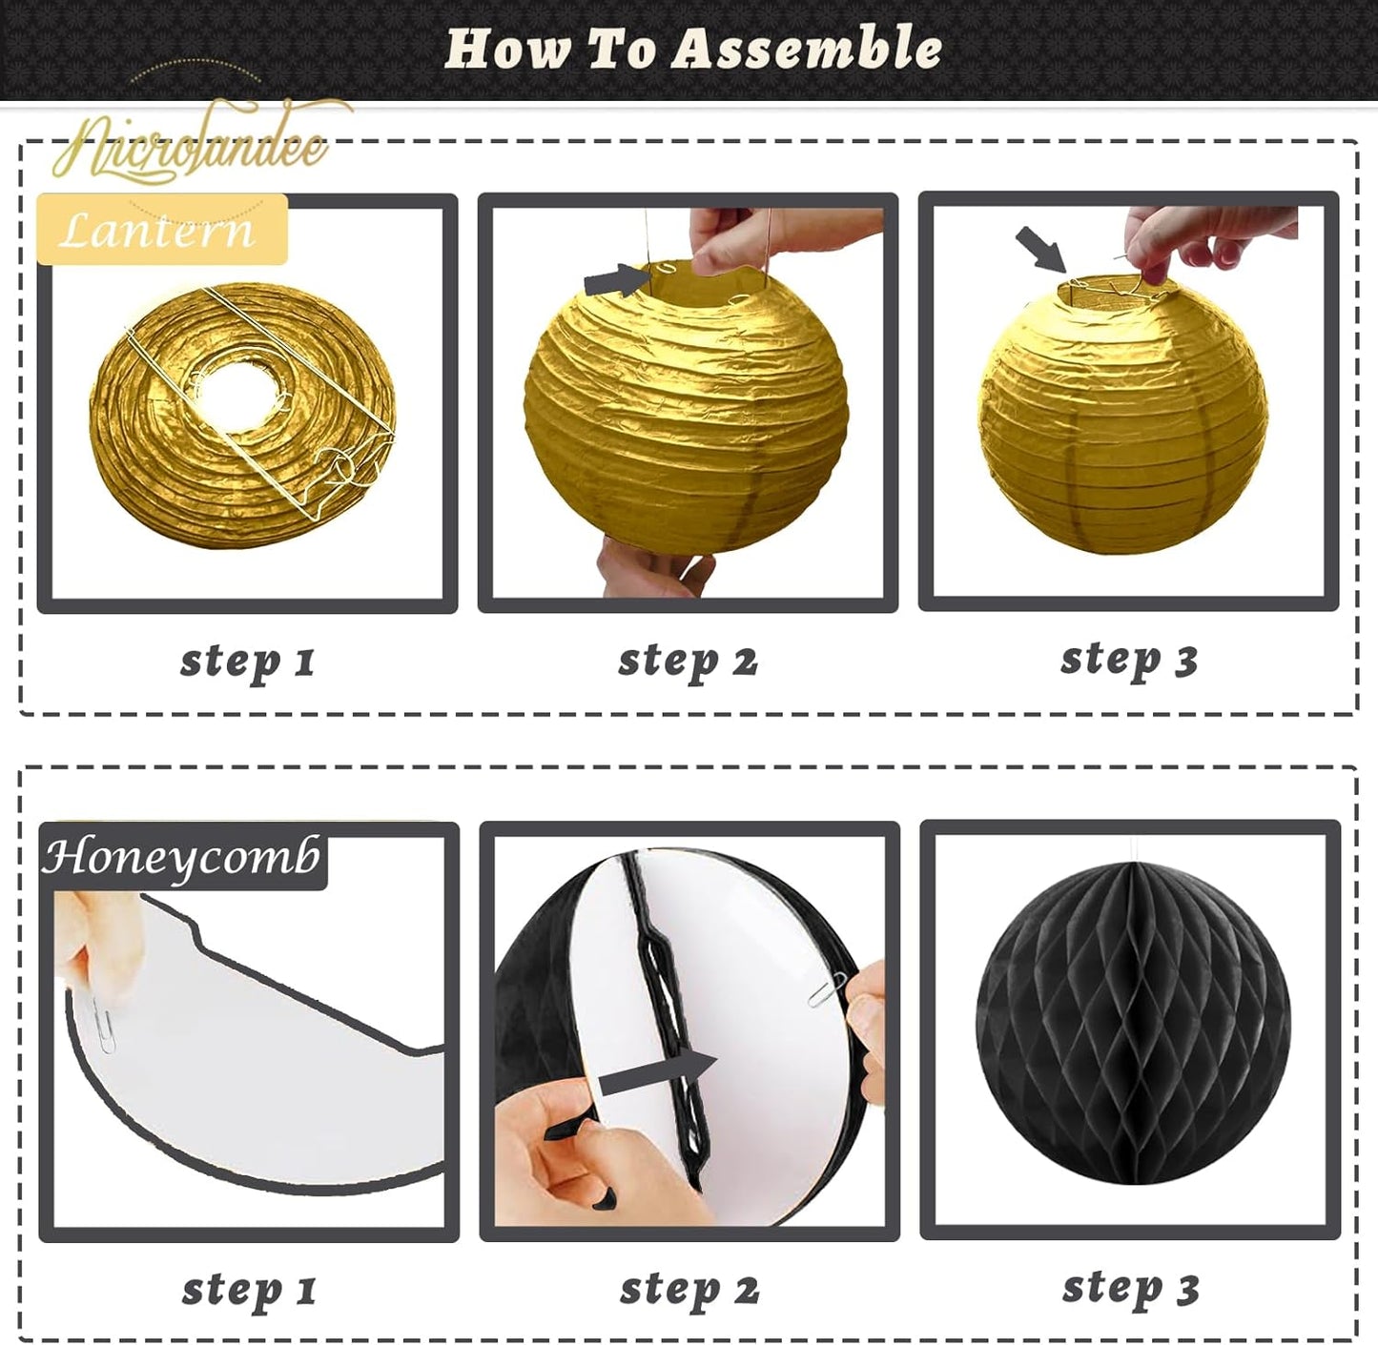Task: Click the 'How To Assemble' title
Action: point(693,49)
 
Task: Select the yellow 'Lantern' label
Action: point(160,230)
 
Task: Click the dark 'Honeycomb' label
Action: point(181,857)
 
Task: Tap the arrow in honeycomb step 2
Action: point(658,1070)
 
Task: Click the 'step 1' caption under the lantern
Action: point(248,661)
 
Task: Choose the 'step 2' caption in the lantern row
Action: point(688,661)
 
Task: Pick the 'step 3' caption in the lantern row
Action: point(1129,659)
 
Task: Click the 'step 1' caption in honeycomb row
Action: point(249,1290)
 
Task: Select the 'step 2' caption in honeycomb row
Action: point(689,1290)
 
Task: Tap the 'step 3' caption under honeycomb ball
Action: point(1131,1288)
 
